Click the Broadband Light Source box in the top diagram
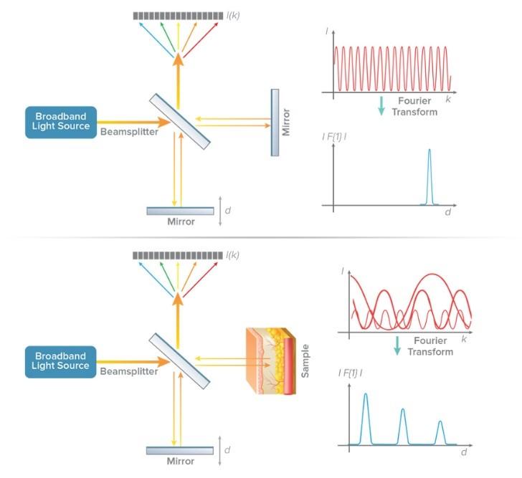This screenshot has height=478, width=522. [x=60, y=122]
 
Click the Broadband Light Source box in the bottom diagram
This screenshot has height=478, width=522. [x=60, y=360]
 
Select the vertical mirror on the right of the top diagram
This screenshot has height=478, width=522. [x=275, y=122]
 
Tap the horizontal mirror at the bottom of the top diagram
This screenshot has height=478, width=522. [x=180, y=211]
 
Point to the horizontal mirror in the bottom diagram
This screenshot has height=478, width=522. [x=180, y=450]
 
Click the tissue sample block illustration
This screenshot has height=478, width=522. [x=269, y=363]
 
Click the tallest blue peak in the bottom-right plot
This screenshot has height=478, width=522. [x=366, y=416]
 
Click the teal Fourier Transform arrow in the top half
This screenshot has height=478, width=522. [x=381, y=106]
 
